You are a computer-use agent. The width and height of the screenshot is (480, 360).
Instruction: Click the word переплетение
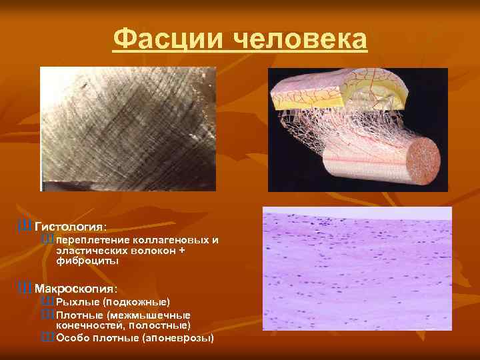pos(93,239)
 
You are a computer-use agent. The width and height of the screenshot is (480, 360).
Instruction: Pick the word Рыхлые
pos(77,302)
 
